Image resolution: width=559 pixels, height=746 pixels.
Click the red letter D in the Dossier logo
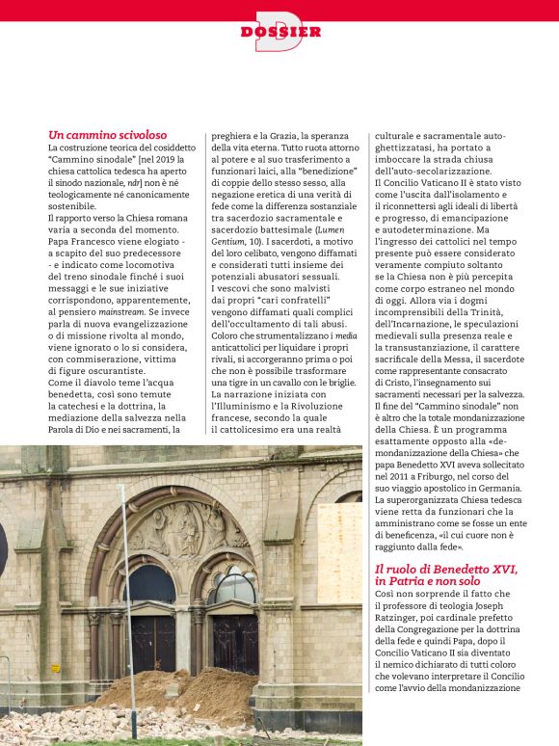(x=279, y=31)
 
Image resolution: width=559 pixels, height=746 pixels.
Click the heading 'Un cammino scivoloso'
(x=107, y=135)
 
